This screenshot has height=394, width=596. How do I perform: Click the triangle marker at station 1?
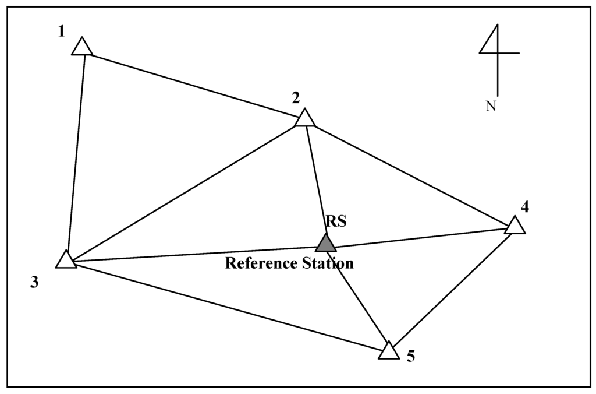(x=82, y=47)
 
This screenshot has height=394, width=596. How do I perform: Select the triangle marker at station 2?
(x=304, y=118)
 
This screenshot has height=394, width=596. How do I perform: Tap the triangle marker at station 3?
(x=66, y=261)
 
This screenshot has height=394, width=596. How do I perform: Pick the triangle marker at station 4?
(x=515, y=226)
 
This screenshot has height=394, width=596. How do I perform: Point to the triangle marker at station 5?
(x=389, y=351)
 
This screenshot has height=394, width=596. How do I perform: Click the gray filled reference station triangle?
(x=326, y=243)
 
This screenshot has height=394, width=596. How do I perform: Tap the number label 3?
(x=35, y=283)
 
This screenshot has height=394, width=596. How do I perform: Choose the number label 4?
(x=524, y=207)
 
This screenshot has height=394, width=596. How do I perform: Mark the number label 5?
(x=411, y=357)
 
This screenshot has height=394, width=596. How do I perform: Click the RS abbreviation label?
(x=336, y=221)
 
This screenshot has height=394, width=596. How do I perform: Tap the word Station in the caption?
(x=329, y=263)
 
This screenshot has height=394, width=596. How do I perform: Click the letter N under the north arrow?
(x=491, y=107)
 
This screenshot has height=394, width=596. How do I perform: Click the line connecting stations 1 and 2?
(x=192, y=84)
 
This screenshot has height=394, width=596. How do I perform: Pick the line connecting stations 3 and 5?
(x=227, y=307)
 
